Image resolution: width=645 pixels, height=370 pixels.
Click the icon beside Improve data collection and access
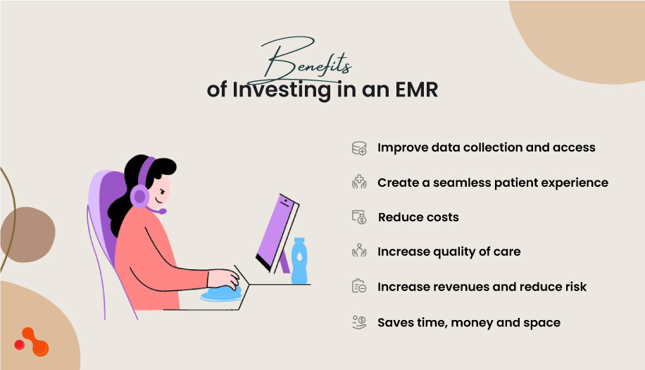point(359,148)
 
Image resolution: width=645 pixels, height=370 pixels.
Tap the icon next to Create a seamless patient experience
point(359,183)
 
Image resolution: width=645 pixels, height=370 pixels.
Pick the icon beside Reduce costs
point(359,217)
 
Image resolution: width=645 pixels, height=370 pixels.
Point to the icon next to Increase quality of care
point(359,252)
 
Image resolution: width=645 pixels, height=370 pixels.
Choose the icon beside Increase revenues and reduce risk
point(359,287)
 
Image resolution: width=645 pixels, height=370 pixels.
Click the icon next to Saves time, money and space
point(359,322)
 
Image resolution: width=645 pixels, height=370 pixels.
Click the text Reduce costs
point(418,217)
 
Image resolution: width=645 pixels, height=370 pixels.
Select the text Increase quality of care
point(449,252)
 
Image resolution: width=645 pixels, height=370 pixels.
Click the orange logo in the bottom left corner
point(32,343)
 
